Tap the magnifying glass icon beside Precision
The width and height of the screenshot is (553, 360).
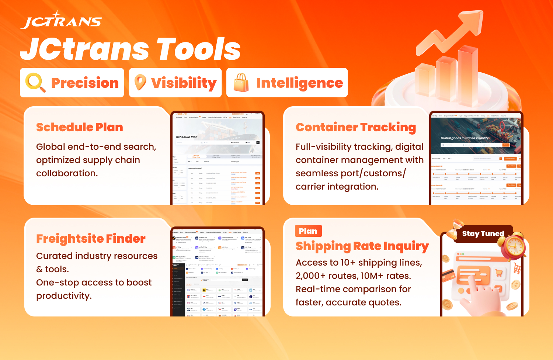(x=35, y=83)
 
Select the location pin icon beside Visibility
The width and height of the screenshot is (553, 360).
(x=140, y=83)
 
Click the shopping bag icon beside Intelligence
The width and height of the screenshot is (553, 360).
(x=241, y=83)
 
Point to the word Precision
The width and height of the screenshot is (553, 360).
(x=85, y=83)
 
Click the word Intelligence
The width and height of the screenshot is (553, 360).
(x=299, y=83)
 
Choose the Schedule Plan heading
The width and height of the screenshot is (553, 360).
(x=80, y=127)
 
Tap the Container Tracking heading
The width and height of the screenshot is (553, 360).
(x=356, y=127)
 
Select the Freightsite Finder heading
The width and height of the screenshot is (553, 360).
(x=91, y=239)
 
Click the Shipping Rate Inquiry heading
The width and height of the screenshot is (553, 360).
(x=362, y=246)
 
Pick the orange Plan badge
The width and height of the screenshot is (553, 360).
(x=308, y=231)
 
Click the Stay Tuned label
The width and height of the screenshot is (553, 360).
(x=483, y=233)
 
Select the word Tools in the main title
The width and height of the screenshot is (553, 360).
(x=198, y=49)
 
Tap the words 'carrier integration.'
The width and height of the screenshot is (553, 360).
(x=337, y=187)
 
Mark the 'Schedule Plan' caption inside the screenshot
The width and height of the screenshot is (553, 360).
(x=187, y=137)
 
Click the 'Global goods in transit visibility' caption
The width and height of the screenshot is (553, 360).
(x=465, y=138)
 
